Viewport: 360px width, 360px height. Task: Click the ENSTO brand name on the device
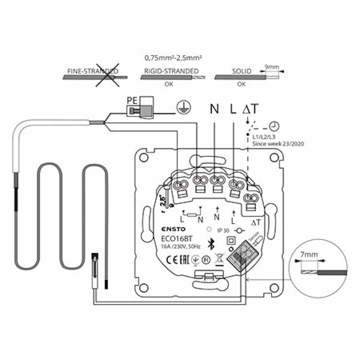[175, 228]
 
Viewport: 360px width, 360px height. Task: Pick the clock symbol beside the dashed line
[274, 126]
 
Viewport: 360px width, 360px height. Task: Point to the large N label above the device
[214, 109]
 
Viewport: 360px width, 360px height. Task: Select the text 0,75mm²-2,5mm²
[173, 58]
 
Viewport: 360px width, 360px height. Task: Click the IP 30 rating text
[223, 229]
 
